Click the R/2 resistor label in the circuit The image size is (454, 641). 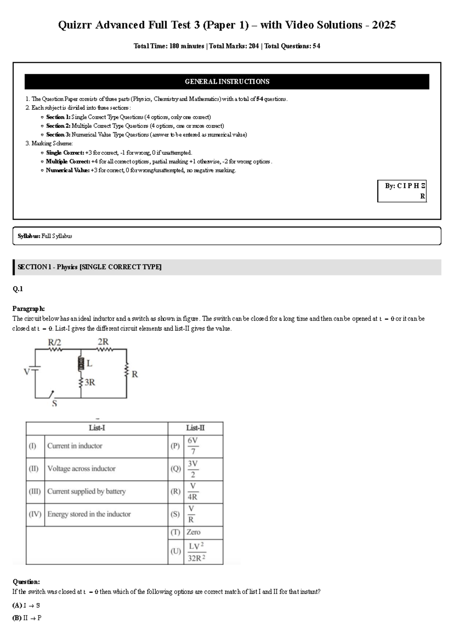point(54,342)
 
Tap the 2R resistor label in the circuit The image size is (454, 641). point(103,342)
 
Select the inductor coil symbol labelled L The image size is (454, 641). point(80,364)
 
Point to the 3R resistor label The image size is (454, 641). point(90,383)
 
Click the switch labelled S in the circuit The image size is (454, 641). point(51,395)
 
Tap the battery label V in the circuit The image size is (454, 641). point(26,372)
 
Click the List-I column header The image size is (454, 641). point(97,428)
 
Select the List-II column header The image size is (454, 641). point(195,428)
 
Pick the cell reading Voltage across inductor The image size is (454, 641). point(81,468)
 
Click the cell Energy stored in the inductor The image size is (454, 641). point(89,514)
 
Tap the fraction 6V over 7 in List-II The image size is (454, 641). point(193,446)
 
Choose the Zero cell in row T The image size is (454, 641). point(193,532)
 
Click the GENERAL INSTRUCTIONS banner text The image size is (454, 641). point(227,81)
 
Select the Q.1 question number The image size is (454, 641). point(18,289)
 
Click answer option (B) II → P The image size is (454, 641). point(27,618)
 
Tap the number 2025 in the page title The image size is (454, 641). point(384,25)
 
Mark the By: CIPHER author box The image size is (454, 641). point(402,191)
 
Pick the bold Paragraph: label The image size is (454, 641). point(28,309)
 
